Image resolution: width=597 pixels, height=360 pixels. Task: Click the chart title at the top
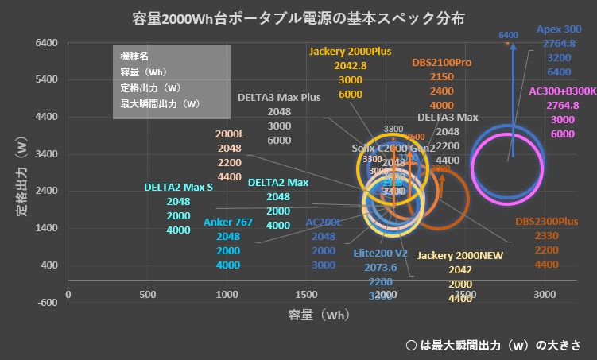point(299,17)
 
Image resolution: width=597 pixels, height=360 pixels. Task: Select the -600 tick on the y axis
point(47,302)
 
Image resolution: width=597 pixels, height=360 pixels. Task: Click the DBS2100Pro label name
point(442,62)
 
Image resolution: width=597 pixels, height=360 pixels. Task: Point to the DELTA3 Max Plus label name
point(279,98)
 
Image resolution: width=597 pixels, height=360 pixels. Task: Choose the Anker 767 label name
point(228,222)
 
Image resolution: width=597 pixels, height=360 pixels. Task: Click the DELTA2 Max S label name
point(179,188)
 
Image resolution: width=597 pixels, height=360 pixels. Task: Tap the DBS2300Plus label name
point(546,222)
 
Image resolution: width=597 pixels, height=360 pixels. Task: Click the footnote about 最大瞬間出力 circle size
point(493,345)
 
